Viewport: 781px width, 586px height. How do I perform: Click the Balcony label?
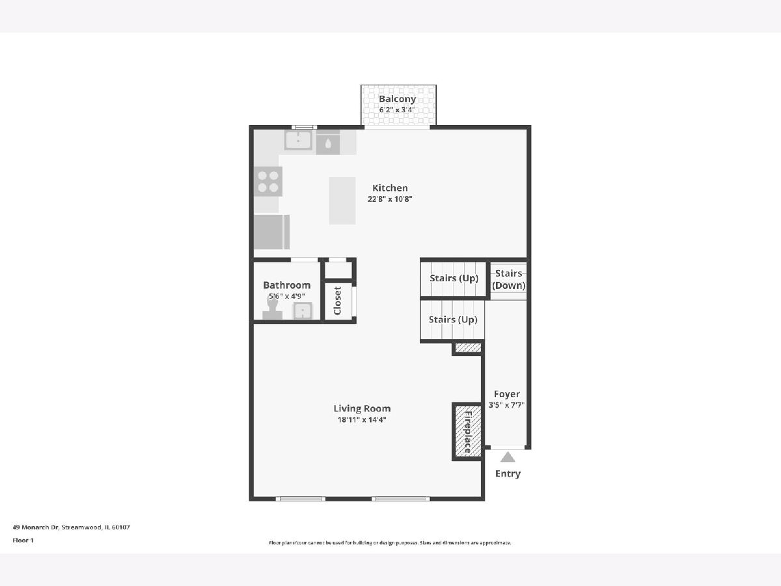pyautogui.click(x=397, y=99)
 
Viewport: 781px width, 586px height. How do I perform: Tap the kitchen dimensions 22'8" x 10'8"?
pyautogui.click(x=390, y=199)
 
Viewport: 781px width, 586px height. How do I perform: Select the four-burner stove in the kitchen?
pyautogui.click(x=268, y=182)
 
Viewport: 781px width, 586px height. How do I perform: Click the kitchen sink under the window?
pyautogui.click(x=298, y=140)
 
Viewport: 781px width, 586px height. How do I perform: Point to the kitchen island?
pyautogui.click(x=342, y=201)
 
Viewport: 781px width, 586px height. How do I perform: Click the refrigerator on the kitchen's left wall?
pyautogui.click(x=271, y=232)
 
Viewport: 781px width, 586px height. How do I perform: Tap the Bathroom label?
pyautogui.click(x=287, y=285)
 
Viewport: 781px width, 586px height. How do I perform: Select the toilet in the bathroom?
pyautogui.click(x=272, y=309)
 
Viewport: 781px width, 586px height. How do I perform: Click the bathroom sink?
pyautogui.click(x=302, y=311)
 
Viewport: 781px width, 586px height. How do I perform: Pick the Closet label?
pyautogui.click(x=338, y=301)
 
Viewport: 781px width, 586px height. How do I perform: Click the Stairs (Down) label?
pyautogui.click(x=508, y=279)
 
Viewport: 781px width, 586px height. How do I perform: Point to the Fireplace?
pyautogui.click(x=467, y=432)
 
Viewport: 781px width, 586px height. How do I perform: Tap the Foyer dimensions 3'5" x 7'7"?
pyautogui.click(x=506, y=405)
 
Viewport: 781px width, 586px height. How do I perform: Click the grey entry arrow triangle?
pyautogui.click(x=508, y=457)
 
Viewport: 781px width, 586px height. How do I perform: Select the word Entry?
pyautogui.click(x=508, y=474)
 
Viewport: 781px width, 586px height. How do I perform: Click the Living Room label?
pyautogui.click(x=362, y=409)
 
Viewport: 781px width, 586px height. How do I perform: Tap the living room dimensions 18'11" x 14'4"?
pyautogui.click(x=362, y=420)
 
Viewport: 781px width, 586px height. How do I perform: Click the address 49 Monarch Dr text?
pyautogui.click(x=35, y=527)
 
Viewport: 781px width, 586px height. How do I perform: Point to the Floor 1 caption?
pyautogui.click(x=23, y=540)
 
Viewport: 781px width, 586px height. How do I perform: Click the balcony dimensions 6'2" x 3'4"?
pyautogui.click(x=397, y=109)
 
